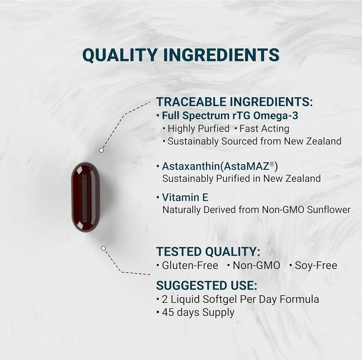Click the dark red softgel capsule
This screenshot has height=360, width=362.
(86, 197)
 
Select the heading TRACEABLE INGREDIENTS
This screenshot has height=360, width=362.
(234, 102)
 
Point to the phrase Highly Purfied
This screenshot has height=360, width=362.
(198, 129)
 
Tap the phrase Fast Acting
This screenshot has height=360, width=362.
(264, 129)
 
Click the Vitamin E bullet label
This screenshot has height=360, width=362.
(185, 197)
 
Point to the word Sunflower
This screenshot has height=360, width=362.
(328, 210)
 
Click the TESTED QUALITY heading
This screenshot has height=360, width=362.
(208, 252)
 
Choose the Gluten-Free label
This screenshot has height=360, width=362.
(190, 266)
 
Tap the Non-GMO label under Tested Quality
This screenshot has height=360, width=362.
(256, 266)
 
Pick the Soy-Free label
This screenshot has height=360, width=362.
(316, 266)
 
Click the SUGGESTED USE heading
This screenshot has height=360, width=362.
(206, 285)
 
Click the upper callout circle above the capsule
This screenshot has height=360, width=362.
(101, 150)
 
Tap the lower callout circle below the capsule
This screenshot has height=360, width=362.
(103, 248)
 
